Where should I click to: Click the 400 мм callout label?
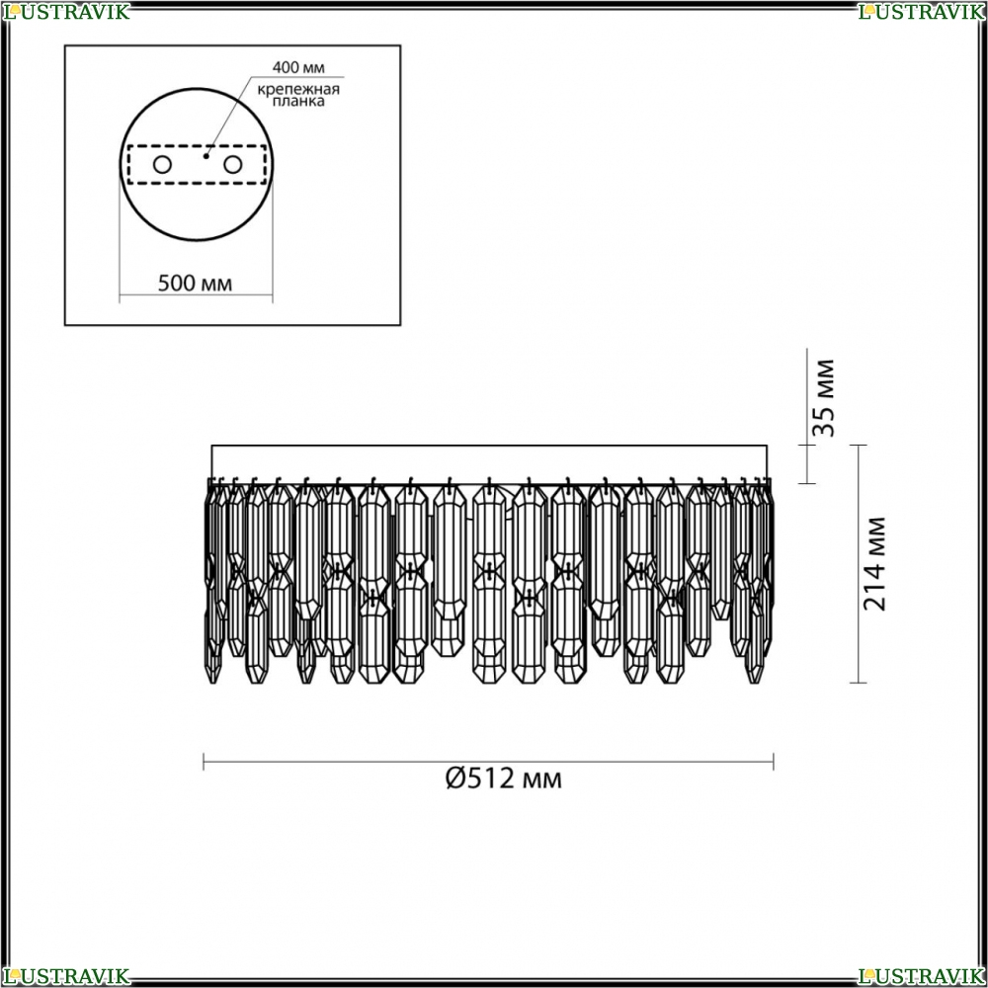pos(298,67)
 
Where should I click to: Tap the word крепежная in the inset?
pos(298,89)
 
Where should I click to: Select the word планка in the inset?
pos(298,102)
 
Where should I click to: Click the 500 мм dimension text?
pos(195,284)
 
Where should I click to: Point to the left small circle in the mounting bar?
pos(162,165)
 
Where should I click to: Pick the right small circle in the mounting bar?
pos(232,165)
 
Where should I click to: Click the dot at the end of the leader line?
pos(206,156)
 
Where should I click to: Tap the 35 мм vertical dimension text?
pos(824,397)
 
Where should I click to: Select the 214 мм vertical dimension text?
pos(874,564)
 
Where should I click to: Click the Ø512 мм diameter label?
pos(504,779)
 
